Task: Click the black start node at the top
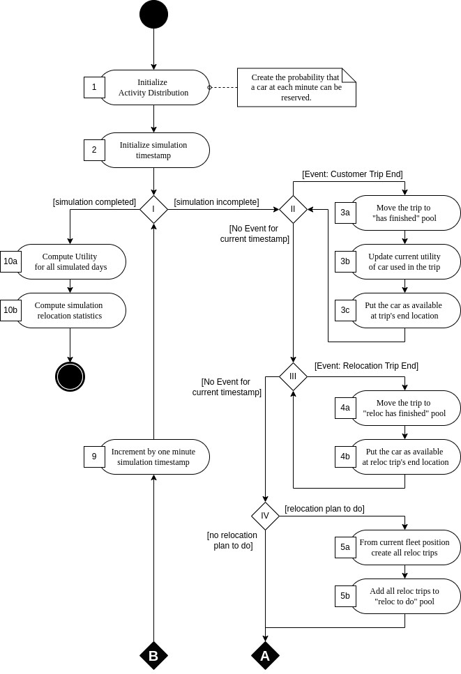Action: coord(153,15)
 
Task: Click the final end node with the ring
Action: coord(70,376)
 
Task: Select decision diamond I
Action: coord(153,209)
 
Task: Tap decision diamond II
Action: coord(293,209)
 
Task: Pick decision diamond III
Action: coord(293,376)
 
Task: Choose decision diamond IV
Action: coord(265,516)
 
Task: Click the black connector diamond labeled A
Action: coord(265,655)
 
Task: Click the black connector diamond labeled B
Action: coord(153,655)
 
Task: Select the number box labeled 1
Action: coord(94,87)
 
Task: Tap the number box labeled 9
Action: coord(94,457)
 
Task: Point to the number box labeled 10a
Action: coord(10,261)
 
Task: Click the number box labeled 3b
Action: coord(345,261)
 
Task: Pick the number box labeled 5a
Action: coord(345,547)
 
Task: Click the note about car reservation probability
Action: coord(296,87)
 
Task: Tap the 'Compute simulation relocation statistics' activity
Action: coord(70,310)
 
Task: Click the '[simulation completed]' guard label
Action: coord(94,202)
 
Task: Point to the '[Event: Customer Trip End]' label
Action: coord(352,174)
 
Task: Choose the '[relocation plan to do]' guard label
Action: coord(324,508)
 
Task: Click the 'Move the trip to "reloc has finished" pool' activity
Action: coord(405,408)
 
